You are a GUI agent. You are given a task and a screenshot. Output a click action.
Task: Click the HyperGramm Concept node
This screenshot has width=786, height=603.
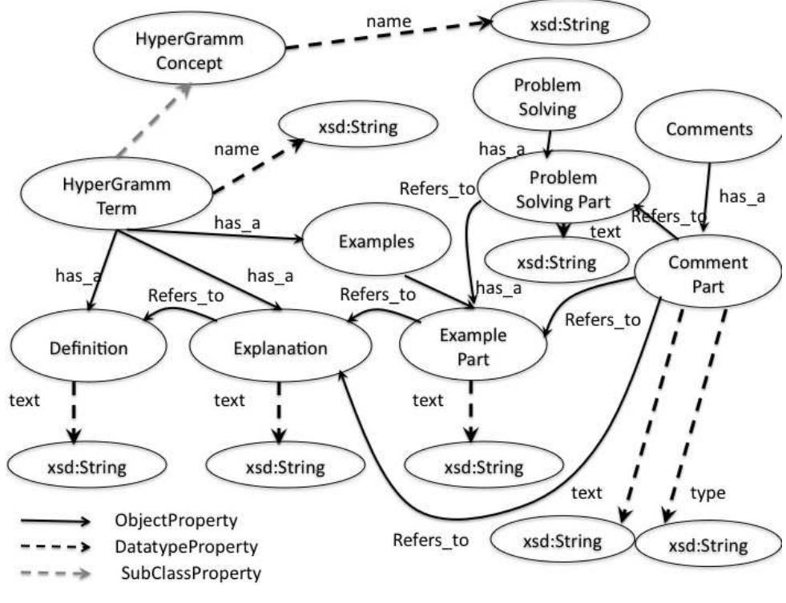pos(187,50)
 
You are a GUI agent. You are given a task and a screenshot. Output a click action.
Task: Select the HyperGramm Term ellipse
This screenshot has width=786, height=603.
pos(117,196)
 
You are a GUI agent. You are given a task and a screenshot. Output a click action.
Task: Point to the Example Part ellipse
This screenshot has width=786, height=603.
pos(473,347)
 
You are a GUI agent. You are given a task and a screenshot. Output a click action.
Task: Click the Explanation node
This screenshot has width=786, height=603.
pos(280,348)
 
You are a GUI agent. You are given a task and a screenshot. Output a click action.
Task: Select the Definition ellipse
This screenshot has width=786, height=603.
pos(88,348)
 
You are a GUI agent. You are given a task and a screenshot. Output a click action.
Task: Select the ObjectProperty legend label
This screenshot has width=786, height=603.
pos(176,521)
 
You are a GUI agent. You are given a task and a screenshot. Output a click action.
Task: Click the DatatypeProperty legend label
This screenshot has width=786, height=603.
pos(186,547)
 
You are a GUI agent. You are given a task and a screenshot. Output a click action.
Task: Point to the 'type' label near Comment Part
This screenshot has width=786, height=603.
pos(707,493)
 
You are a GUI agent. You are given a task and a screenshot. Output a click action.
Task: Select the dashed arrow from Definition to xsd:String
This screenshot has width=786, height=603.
pos(75,412)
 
